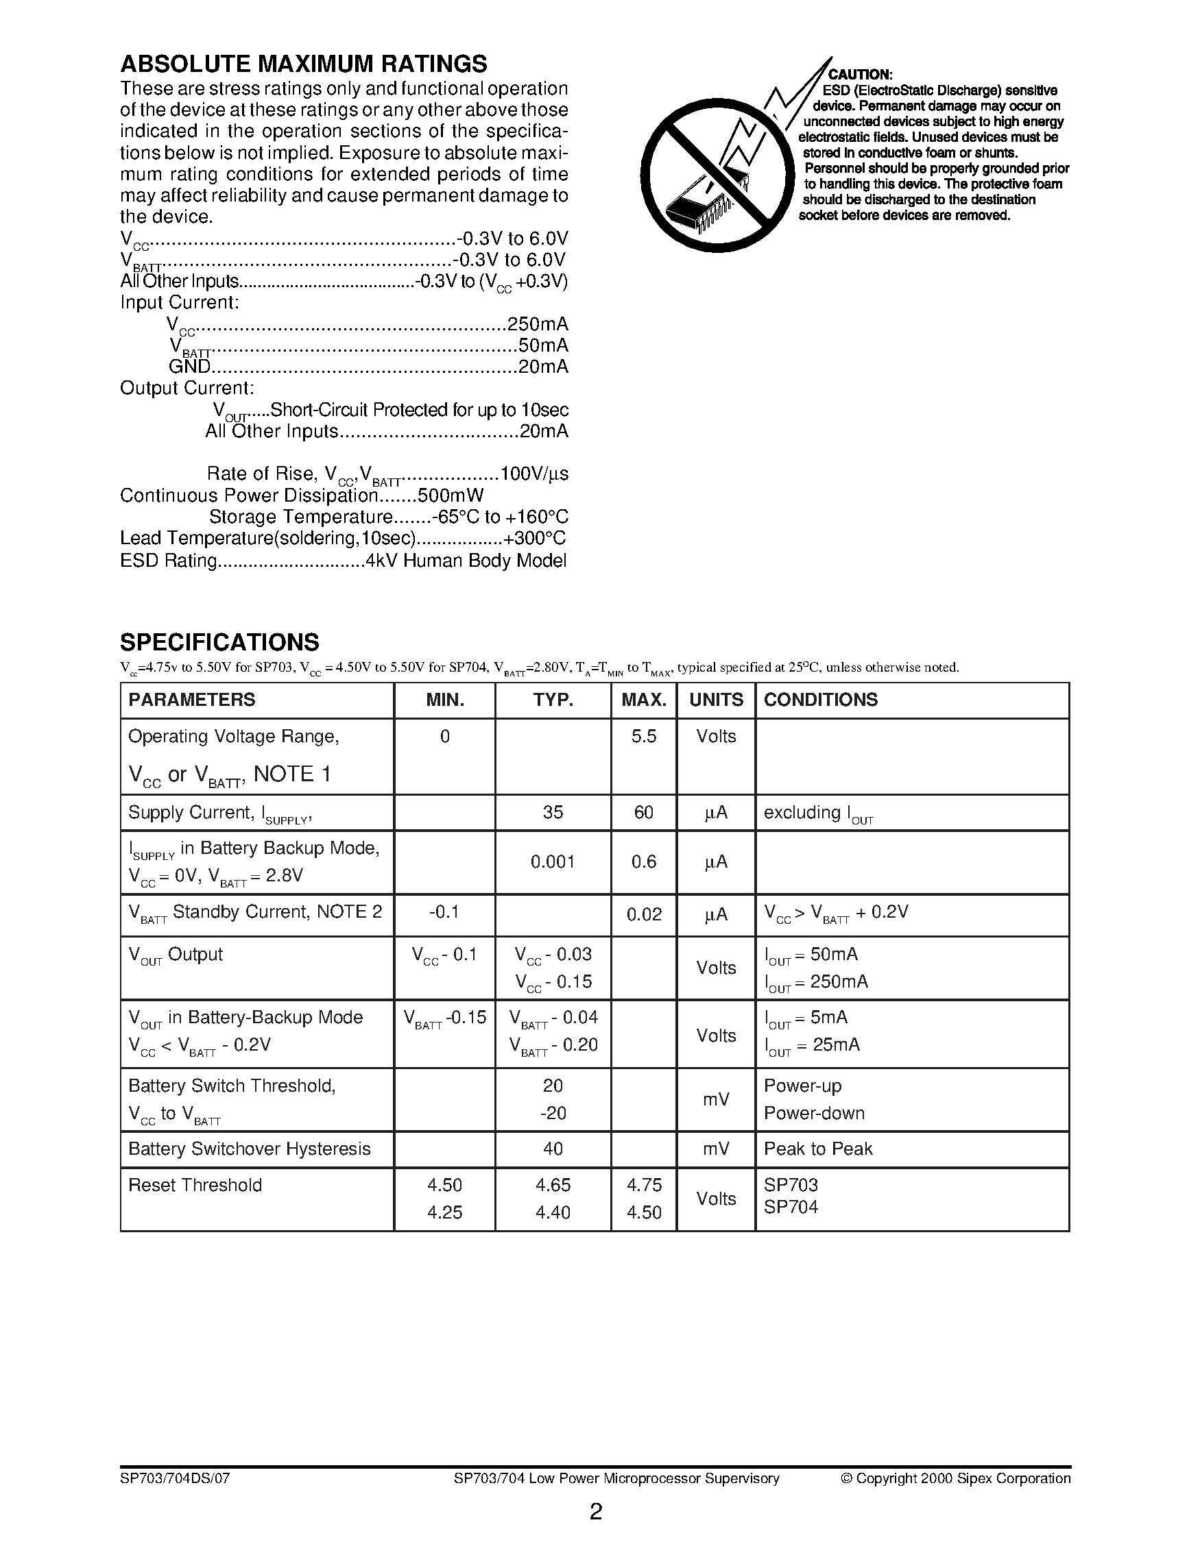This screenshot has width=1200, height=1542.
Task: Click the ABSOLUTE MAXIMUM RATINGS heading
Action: point(303,64)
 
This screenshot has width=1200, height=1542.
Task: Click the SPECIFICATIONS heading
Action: point(219,643)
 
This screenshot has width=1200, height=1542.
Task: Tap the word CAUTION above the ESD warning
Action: point(861,75)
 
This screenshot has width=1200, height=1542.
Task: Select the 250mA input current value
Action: point(538,324)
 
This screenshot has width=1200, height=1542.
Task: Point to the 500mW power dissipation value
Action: point(451,495)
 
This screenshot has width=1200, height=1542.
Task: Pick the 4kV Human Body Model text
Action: point(466,561)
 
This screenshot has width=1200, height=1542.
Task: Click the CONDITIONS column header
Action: point(821,700)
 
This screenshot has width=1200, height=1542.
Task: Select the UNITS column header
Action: point(716,700)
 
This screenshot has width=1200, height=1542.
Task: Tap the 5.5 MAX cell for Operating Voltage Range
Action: point(643,737)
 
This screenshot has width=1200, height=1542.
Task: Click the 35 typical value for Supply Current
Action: point(553,813)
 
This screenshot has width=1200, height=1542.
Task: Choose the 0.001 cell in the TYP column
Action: point(553,862)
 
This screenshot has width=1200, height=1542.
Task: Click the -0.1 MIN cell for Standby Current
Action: point(444,912)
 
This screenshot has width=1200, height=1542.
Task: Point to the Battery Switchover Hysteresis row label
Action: point(250,1149)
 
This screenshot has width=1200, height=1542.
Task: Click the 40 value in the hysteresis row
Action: point(553,1149)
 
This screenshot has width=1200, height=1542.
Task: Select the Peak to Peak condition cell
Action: point(818,1149)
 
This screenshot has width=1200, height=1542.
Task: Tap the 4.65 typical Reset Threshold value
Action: point(553,1185)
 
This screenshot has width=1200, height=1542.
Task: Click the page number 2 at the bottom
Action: point(596,1512)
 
